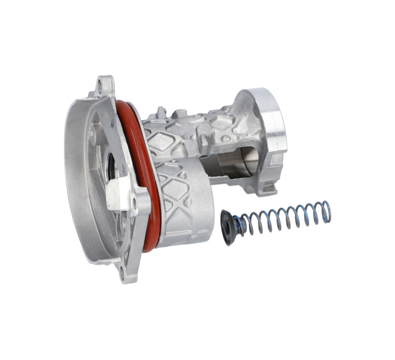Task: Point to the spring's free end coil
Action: tap(325, 211)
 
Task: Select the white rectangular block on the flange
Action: tap(117, 196)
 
